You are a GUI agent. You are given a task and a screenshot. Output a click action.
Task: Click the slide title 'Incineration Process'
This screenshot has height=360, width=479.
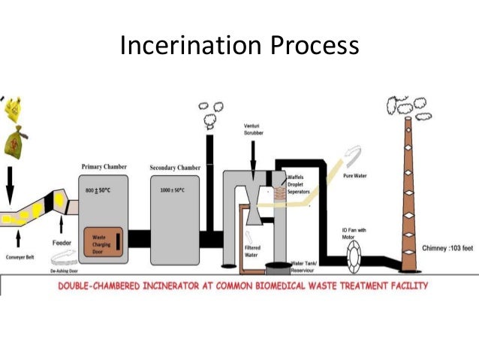pos(239,46)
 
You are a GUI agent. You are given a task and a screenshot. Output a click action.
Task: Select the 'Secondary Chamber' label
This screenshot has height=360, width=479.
pos(175,168)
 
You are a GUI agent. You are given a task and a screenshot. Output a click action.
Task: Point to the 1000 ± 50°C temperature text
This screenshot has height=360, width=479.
pos(172,190)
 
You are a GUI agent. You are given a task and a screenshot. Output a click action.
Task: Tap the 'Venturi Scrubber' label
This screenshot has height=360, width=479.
pos(252,129)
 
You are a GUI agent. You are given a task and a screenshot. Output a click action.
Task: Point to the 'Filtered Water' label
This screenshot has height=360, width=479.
pos(252,251)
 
